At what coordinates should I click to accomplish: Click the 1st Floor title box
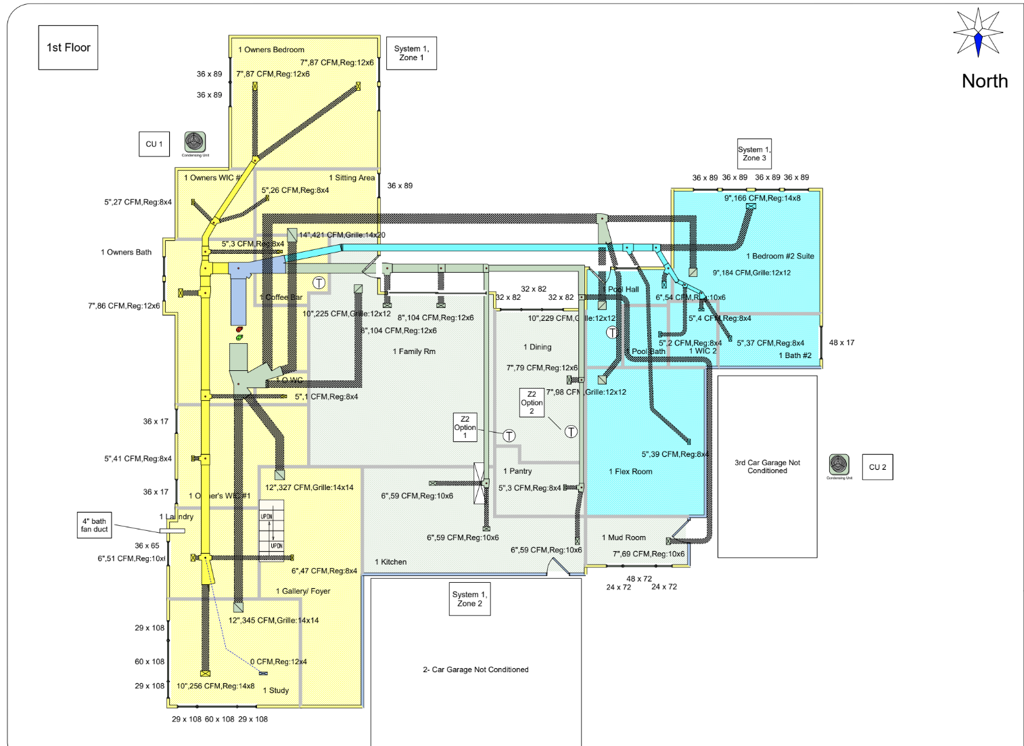pyautogui.click(x=68, y=47)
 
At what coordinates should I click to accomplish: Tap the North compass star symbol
pyautogui.click(x=977, y=32)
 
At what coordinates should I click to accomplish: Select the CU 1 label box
pyautogui.click(x=154, y=144)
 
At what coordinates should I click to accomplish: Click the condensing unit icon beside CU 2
pyautogui.click(x=839, y=464)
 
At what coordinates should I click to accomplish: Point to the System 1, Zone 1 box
pyautogui.click(x=411, y=53)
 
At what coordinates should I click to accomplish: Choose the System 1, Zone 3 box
pyautogui.click(x=754, y=154)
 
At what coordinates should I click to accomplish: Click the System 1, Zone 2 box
pyautogui.click(x=469, y=599)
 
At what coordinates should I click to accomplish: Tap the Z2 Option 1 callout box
pyautogui.click(x=465, y=427)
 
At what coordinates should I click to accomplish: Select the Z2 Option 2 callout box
pyautogui.click(x=532, y=402)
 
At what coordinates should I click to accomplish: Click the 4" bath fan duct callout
pyautogui.click(x=95, y=525)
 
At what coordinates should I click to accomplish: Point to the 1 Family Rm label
pyautogui.click(x=414, y=351)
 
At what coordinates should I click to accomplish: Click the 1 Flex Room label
pyautogui.click(x=630, y=472)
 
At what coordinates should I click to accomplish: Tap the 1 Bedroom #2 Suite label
pyautogui.click(x=780, y=257)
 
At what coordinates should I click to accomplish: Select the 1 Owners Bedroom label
pyautogui.click(x=271, y=49)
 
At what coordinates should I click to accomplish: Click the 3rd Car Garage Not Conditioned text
pyautogui.click(x=767, y=466)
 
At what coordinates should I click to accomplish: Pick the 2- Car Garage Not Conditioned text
pyautogui.click(x=475, y=670)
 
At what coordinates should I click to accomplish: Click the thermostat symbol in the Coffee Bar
pyautogui.click(x=319, y=283)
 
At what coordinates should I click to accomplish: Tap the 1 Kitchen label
pyautogui.click(x=391, y=562)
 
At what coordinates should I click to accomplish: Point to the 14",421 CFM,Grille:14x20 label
pyautogui.click(x=342, y=235)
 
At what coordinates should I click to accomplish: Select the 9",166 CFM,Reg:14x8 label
pyautogui.click(x=762, y=198)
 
